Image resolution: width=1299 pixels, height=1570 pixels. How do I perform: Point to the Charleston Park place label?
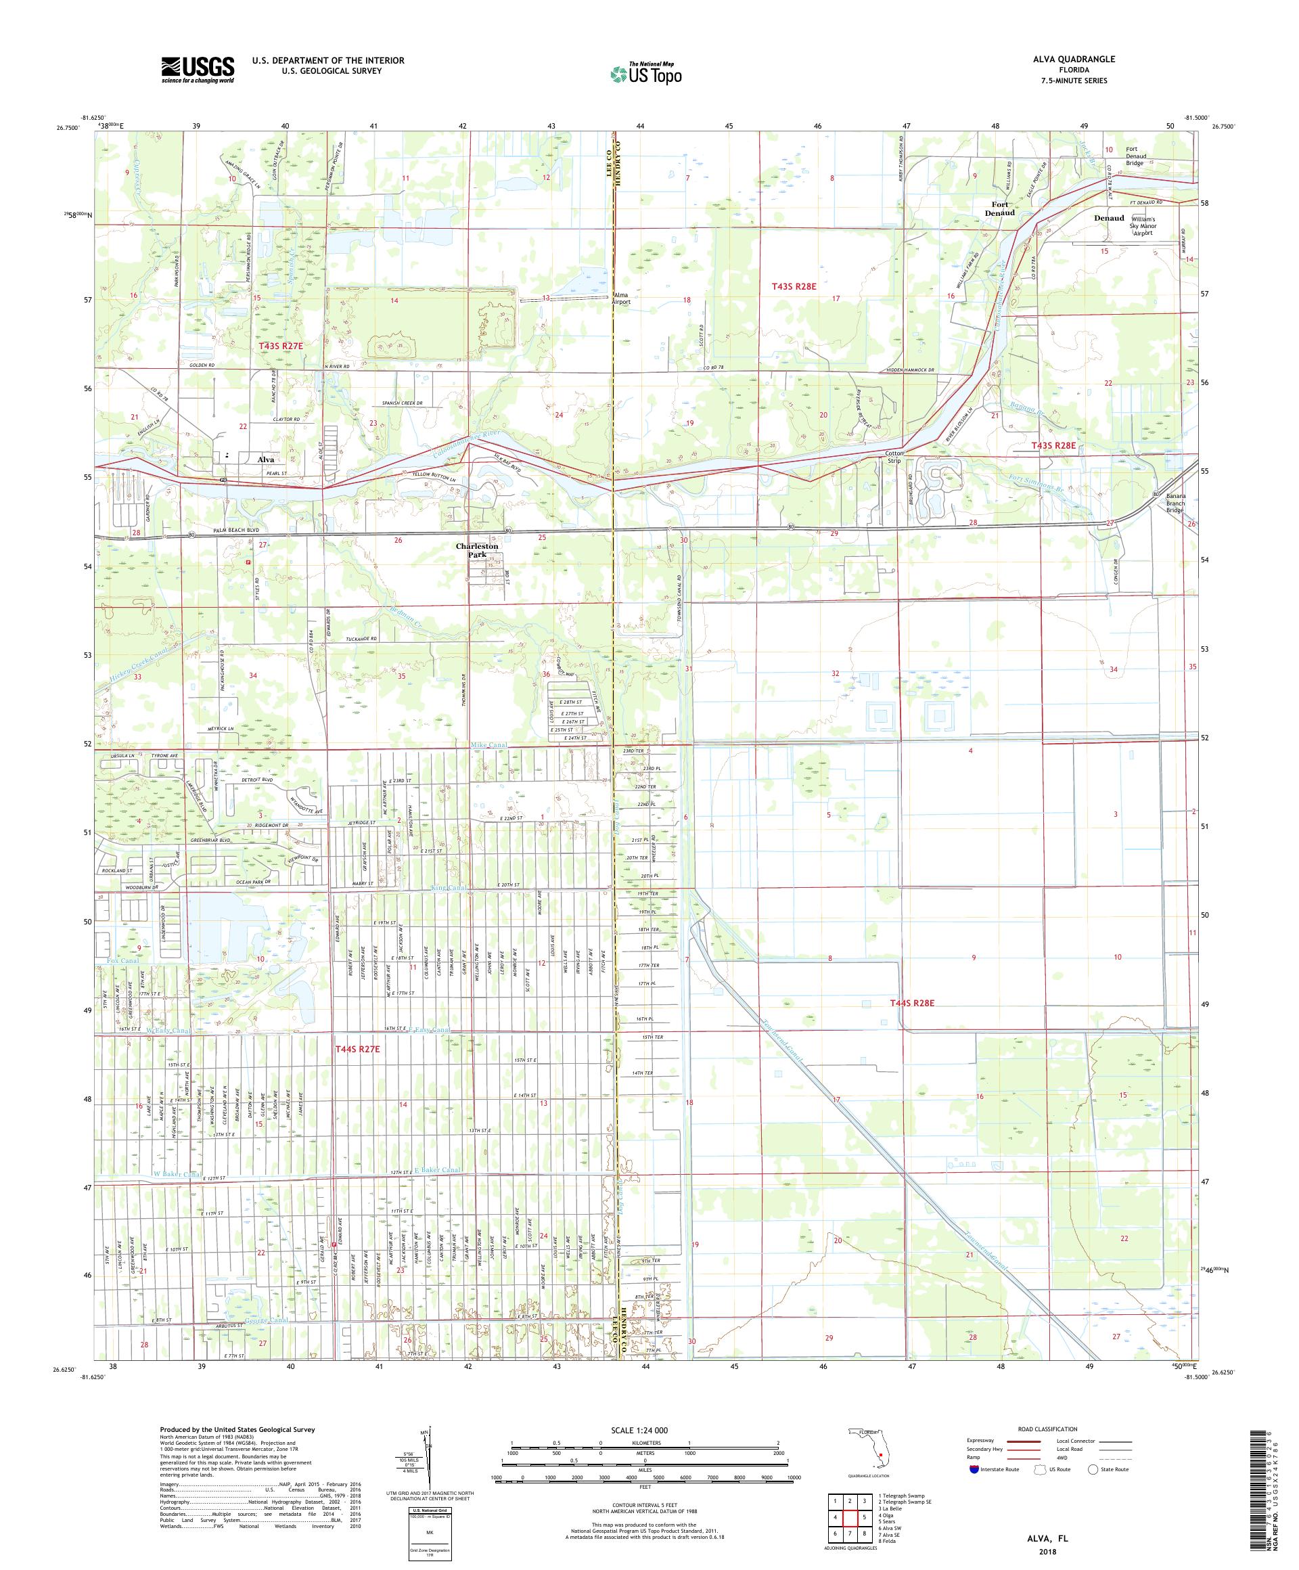coord(477,550)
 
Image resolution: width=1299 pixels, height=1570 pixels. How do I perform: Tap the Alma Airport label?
coord(621,298)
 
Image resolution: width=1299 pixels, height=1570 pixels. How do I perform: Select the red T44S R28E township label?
coord(912,1002)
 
